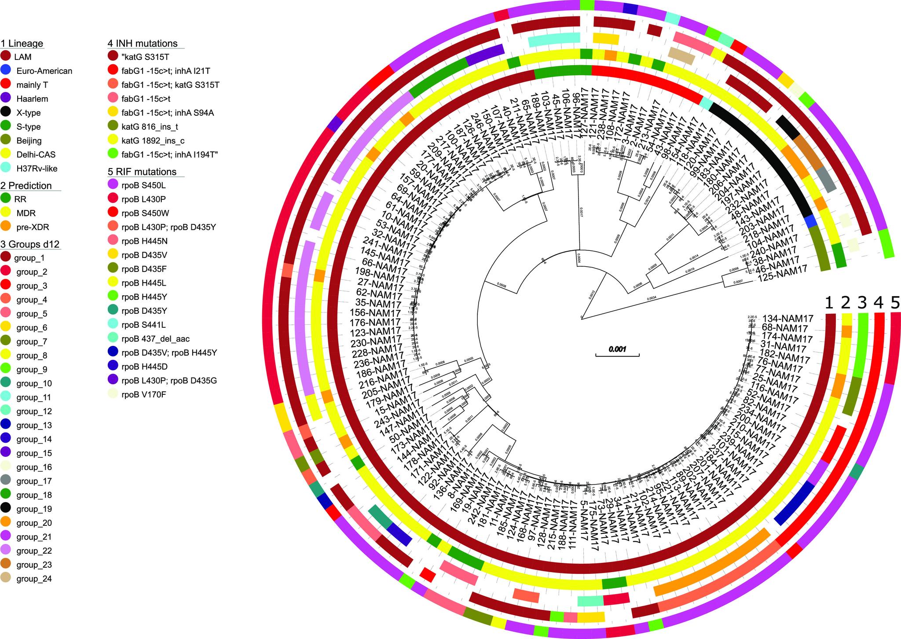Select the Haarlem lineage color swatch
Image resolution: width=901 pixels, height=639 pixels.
click(x=6, y=99)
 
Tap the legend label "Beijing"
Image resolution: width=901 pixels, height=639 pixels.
click(x=29, y=141)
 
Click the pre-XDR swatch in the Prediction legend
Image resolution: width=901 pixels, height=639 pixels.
click(x=6, y=227)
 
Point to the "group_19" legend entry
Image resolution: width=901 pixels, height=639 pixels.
click(x=34, y=509)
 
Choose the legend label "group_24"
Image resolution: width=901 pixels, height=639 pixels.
click(x=34, y=579)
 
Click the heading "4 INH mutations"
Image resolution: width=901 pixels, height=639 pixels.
click(x=143, y=44)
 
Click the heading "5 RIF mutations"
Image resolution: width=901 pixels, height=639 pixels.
click(x=142, y=172)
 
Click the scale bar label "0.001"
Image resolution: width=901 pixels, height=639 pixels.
click(x=617, y=350)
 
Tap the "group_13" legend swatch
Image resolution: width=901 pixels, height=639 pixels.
click(x=6, y=426)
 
